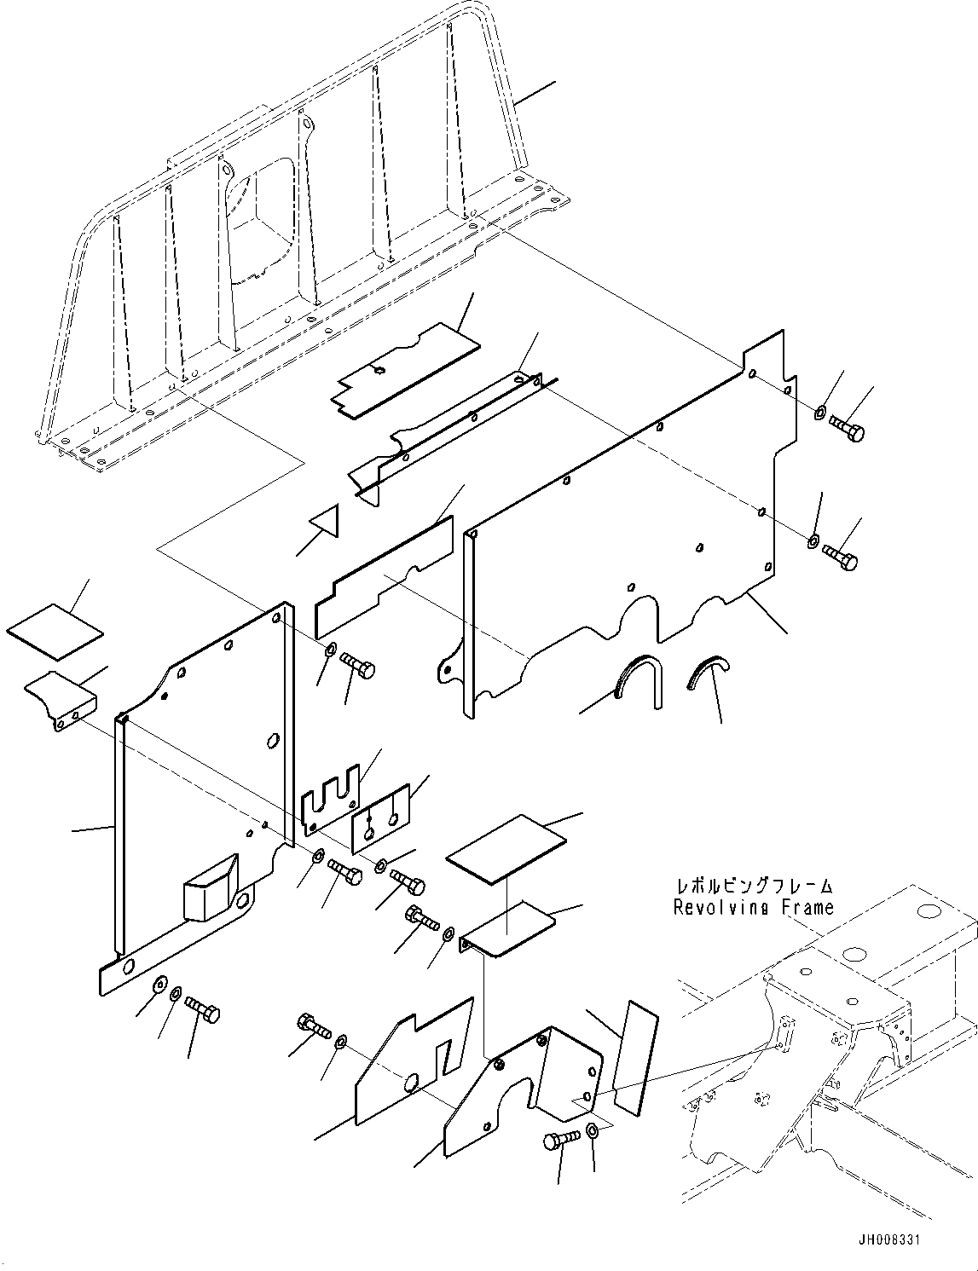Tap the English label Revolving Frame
pos(753,907)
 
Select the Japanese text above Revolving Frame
pos(753,887)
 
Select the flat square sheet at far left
pos(55,632)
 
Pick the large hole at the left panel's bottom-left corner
pos(128,967)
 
